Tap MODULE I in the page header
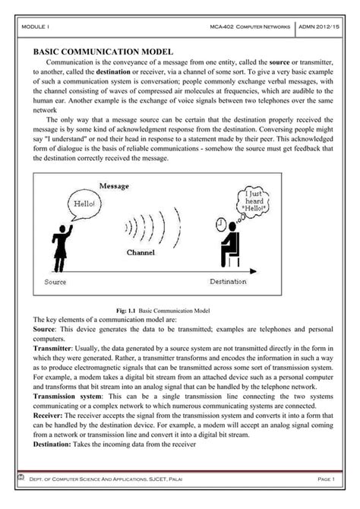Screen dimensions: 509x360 35,27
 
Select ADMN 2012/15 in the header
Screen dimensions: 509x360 321,27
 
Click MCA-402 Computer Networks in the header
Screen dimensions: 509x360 250,27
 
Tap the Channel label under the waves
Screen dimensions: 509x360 141,252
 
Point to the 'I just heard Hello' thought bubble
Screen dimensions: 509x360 253,203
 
